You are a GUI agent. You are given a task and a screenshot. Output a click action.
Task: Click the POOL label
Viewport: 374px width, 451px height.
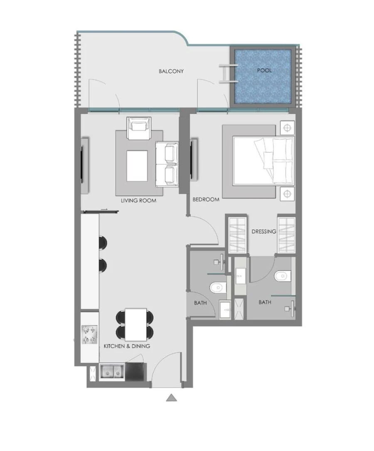264,70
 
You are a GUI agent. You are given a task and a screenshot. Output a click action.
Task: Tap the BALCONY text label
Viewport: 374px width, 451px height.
171,71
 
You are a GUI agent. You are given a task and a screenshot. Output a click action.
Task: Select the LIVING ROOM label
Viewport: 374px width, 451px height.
138,201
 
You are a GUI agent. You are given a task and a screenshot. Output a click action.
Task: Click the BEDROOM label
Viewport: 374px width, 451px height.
206,200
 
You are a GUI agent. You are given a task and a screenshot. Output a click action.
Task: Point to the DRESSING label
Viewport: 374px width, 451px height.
264,231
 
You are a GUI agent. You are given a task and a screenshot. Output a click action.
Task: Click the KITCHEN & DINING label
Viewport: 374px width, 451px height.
127,346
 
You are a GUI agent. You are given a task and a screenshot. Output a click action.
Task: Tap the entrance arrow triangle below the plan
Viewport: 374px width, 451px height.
171,398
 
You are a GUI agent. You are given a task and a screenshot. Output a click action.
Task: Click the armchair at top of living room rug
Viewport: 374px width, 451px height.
139,128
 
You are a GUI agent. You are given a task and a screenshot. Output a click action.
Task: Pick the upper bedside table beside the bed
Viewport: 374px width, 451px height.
287,128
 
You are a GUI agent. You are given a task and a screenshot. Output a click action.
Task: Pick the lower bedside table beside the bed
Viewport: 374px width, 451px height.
287,193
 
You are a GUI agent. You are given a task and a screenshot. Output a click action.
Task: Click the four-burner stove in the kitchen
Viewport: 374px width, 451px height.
89,335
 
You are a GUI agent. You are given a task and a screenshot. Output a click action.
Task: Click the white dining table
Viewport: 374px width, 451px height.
136,324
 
